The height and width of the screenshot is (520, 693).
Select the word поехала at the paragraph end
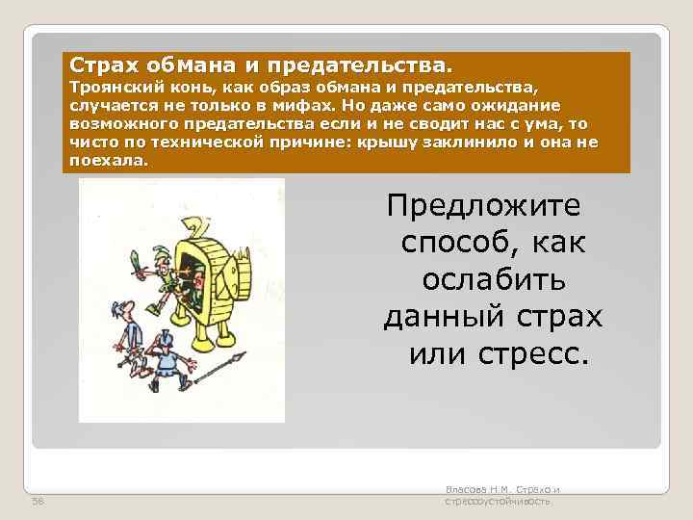pos(109,160)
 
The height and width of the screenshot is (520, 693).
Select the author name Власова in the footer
pos(468,491)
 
